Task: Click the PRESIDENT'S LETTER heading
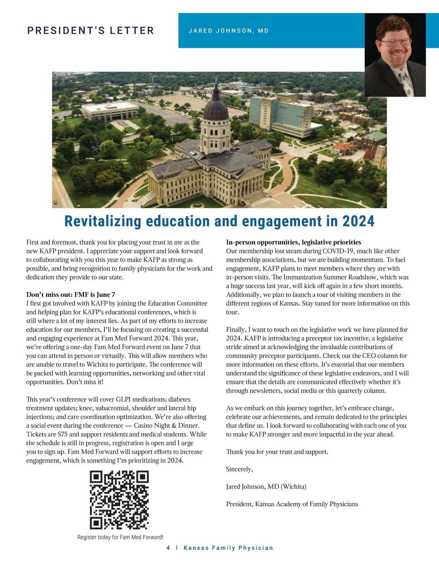91,31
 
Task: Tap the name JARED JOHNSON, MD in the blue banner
229,31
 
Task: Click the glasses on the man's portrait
395,42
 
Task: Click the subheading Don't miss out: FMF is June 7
71,295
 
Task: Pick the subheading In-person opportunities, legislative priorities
293,242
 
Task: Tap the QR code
119,500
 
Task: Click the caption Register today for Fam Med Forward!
120,537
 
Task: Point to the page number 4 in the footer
168,548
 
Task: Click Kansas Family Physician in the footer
228,548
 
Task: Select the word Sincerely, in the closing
239,469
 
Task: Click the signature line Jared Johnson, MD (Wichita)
266,487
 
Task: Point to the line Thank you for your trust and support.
277,451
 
